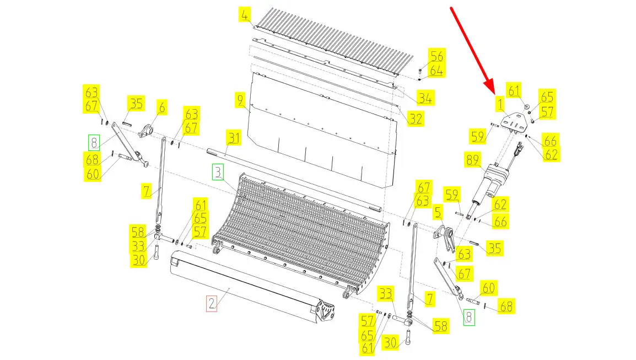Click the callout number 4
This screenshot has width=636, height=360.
click(244, 15)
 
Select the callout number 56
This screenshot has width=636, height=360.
click(436, 56)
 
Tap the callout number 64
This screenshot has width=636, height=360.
click(436, 71)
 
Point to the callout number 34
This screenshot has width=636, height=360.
click(425, 98)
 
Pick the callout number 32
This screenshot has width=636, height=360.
click(416, 119)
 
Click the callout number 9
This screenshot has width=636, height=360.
click(240, 100)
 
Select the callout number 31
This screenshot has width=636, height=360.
click(234, 138)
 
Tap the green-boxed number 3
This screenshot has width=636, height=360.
click(218, 172)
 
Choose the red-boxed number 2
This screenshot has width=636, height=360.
click(211, 303)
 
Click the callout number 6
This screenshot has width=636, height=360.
click(162, 108)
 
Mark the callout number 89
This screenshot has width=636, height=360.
click(472, 160)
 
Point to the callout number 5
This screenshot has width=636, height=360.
click(437, 212)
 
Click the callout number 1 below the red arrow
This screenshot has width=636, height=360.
click(500, 104)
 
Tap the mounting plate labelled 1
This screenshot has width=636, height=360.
click(514, 121)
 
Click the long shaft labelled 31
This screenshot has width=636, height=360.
click(294, 181)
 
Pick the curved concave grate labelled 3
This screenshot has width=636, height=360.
click(301, 232)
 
